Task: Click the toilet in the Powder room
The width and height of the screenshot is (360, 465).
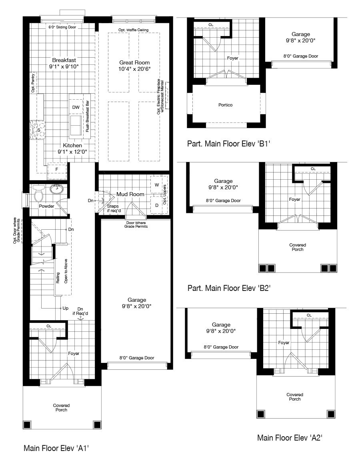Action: [x=39, y=193]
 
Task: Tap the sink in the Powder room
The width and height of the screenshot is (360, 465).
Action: [x=56, y=188]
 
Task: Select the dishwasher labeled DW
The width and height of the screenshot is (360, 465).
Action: [x=76, y=107]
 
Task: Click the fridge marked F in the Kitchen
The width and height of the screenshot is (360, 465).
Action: [x=57, y=170]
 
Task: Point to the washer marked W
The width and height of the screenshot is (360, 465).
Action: [x=157, y=185]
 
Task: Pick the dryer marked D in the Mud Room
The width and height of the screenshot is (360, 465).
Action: [x=157, y=205]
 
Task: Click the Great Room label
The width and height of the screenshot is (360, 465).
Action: [x=134, y=62]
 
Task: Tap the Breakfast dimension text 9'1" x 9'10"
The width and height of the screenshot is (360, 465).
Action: [x=64, y=66]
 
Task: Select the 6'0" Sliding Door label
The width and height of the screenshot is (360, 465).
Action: [x=62, y=27]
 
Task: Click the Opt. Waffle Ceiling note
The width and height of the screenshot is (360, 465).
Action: [x=134, y=30]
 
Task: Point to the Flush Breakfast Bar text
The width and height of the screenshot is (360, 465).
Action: [x=88, y=116]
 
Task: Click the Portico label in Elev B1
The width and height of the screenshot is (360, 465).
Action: [x=225, y=105]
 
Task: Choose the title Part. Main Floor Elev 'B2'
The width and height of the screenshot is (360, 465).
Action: [x=229, y=288]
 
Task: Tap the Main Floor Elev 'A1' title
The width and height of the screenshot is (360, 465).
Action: [x=56, y=448]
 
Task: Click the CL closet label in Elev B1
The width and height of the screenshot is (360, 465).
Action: [x=211, y=25]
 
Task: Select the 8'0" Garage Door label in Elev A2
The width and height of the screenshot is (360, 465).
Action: [x=221, y=347]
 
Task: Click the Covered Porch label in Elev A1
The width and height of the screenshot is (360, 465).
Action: [x=61, y=407]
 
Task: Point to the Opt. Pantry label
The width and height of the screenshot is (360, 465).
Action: [x=33, y=83]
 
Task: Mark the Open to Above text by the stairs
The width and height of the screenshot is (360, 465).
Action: [x=66, y=271]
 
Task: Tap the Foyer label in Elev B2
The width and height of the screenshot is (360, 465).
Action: [x=295, y=199]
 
